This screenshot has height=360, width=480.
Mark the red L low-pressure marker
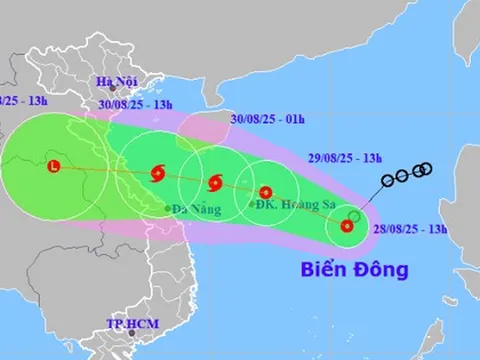(x=54, y=167)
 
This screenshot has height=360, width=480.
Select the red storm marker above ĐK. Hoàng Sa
(x=266, y=193)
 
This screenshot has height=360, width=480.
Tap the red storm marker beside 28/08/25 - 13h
(x=347, y=226)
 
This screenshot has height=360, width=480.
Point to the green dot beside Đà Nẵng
(x=167, y=208)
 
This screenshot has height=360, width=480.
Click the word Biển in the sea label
(x=322, y=269)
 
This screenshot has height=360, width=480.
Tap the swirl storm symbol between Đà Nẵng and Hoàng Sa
(x=214, y=183)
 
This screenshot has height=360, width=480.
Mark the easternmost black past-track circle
(x=427, y=167)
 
